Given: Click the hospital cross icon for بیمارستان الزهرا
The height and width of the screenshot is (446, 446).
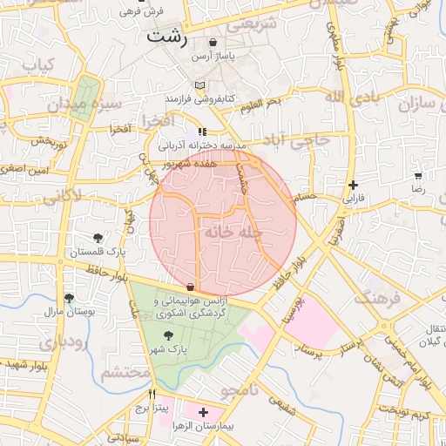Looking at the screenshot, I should pyautogui.click(x=204, y=412).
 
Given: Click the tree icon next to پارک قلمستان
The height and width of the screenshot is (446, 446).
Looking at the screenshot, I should pyautogui.click(x=98, y=237).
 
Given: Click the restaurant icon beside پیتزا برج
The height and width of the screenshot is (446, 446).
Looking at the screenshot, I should pyautogui.click(x=152, y=393).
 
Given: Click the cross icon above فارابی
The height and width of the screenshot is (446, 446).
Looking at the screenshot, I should pyautogui.click(x=352, y=185).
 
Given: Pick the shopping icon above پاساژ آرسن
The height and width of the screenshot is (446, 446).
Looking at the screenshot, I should pyautogui.click(x=213, y=41).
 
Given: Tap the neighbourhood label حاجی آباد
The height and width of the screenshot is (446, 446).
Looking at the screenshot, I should pyautogui.click(x=298, y=139).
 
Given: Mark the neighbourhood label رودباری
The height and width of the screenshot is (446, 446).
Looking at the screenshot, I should pyautogui.click(x=63, y=341).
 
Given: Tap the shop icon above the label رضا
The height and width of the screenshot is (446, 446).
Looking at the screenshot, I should pyautogui.click(x=419, y=174).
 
